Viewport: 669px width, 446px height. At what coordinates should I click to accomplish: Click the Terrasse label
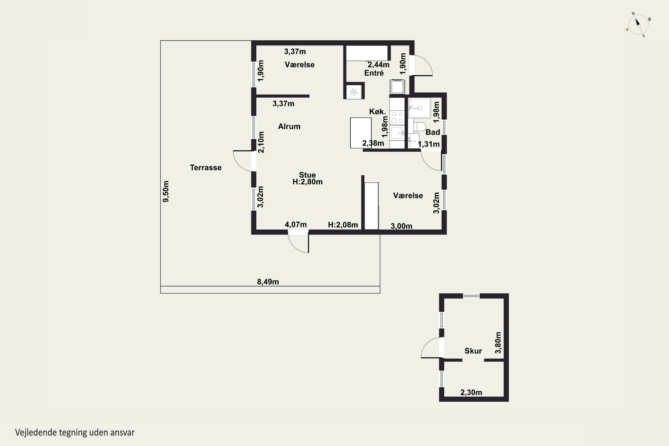click(206, 167)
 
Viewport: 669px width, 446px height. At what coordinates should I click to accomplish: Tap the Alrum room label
click(289, 126)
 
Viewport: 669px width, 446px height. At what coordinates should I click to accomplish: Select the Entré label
click(374, 73)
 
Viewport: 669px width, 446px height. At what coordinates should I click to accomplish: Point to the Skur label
click(473, 351)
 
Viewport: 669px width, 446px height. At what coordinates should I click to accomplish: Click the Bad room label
click(433, 132)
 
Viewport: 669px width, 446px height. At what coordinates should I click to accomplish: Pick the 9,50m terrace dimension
click(166, 191)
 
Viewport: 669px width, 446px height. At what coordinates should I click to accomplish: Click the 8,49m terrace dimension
click(268, 282)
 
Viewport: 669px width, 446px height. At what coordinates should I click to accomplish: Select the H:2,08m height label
click(343, 225)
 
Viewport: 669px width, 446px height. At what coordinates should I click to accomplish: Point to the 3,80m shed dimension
click(498, 343)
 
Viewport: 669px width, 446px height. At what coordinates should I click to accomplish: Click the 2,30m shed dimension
click(471, 392)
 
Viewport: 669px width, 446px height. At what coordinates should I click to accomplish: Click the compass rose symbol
click(638, 25)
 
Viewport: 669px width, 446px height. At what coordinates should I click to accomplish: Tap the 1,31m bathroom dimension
click(429, 144)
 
